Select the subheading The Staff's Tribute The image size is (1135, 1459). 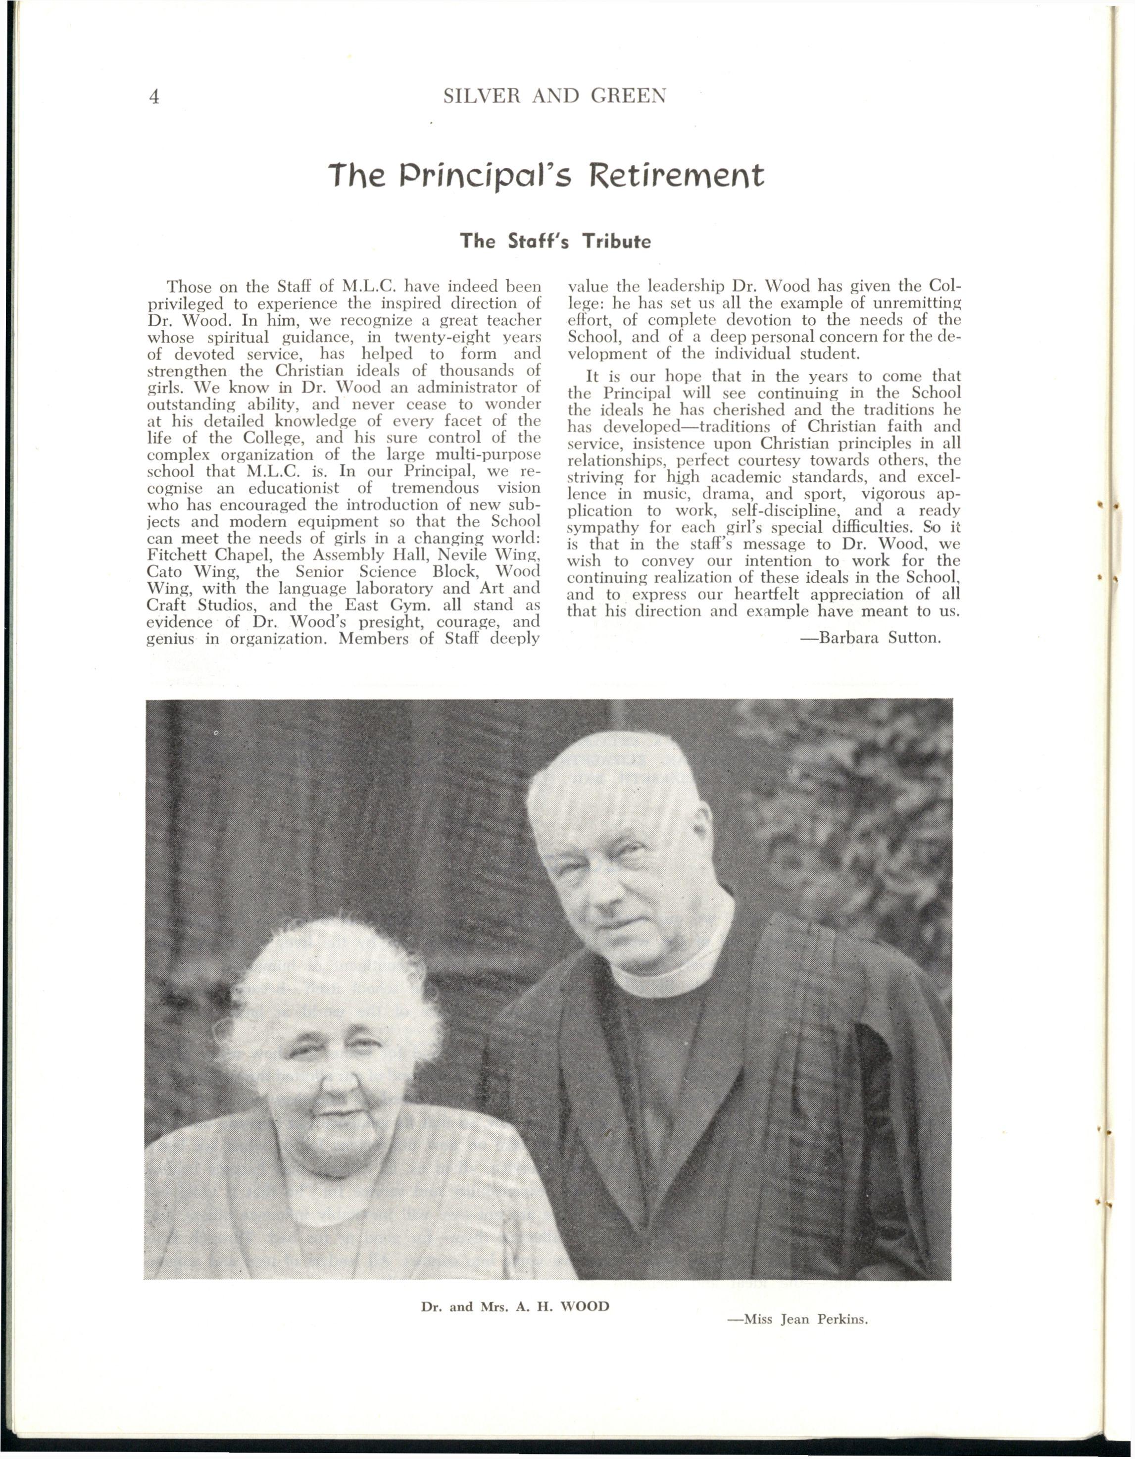point(554,241)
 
